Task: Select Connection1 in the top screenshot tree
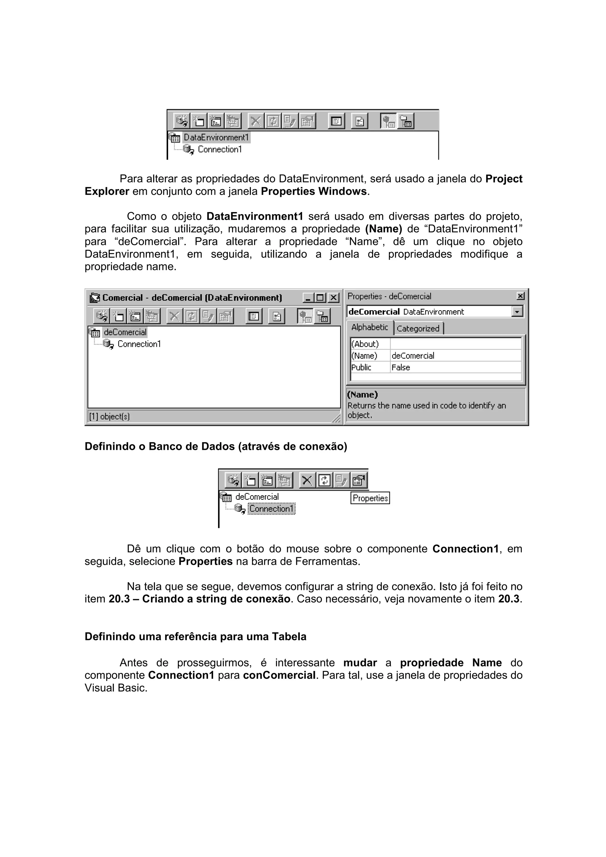click(220, 149)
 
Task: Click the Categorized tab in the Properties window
click(418, 329)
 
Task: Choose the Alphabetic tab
click(369, 327)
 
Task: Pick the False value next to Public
click(401, 367)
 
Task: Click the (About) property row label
click(365, 344)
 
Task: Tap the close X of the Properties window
click(520, 296)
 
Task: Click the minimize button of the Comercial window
click(308, 298)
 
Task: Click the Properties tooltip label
click(370, 498)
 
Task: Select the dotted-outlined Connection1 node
click(271, 508)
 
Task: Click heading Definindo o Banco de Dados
click(216, 447)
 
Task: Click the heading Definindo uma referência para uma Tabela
click(195, 636)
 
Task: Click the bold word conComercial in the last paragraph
click(279, 675)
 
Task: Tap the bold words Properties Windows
click(314, 192)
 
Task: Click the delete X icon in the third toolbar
click(307, 480)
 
